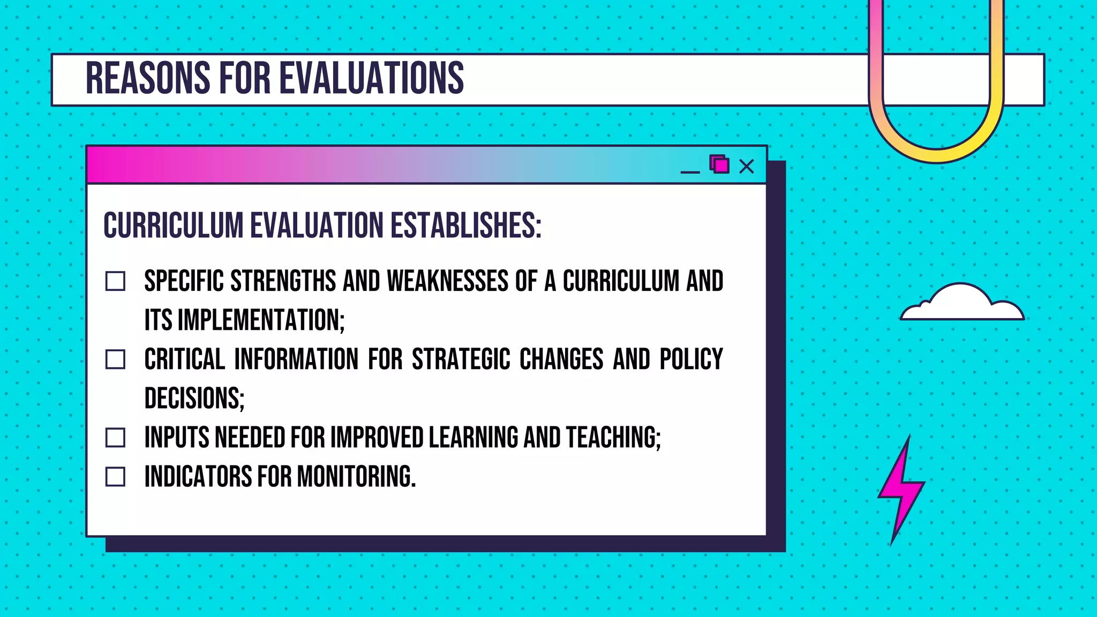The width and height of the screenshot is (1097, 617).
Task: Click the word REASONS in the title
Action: pyautogui.click(x=148, y=78)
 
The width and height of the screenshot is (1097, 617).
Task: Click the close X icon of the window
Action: pyautogui.click(x=746, y=167)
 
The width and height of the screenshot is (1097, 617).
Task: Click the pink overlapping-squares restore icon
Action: pyautogui.click(x=719, y=164)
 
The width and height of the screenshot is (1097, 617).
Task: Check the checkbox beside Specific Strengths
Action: pyautogui.click(x=115, y=281)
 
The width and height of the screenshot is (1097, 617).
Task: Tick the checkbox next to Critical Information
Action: pyautogui.click(x=115, y=359)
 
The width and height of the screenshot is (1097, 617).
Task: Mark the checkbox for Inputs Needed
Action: pyautogui.click(x=115, y=438)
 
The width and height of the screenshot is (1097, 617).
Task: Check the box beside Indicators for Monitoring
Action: pyautogui.click(x=115, y=477)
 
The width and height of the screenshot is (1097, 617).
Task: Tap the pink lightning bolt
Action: pyautogui.click(x=901, y=490)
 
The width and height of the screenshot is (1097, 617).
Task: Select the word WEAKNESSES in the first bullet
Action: pyautogui.click(x=447, y=281)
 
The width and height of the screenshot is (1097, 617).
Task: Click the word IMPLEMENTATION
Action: pyautogui.click(x=261, y=320)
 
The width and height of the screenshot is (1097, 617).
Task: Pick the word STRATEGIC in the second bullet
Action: pyautogui.click(x=461, y=359)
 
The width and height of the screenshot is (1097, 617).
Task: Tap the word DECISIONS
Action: pyautogui.click(x=194, y=398)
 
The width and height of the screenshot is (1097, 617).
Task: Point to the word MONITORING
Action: pyautogui.click(x=356, y=477)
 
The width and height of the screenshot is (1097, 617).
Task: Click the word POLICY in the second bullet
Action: pyautogui.click(x=691, y=359)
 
